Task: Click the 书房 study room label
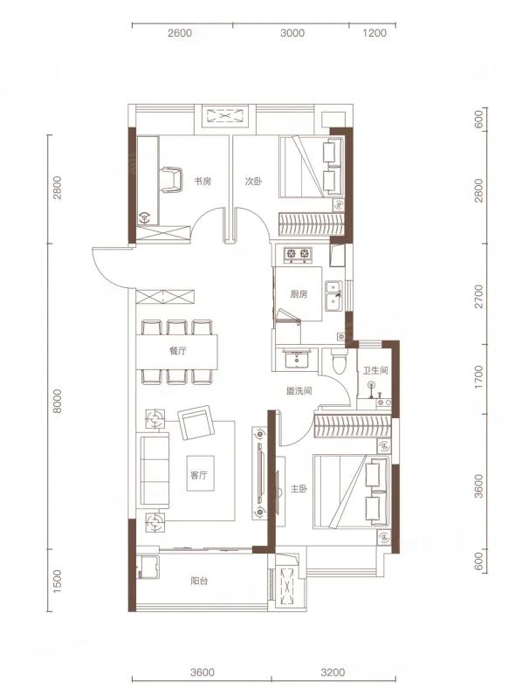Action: click(203, 181)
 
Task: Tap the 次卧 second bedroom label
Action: click(254, 182)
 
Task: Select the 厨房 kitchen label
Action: click(299, 294)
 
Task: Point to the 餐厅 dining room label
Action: click(177, 351)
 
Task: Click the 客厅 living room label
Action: click(199, 475)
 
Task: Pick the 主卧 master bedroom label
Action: click(299, 489)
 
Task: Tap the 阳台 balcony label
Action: click(199, 581)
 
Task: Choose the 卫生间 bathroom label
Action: click(375, 370)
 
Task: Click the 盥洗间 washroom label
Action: click(299, 390)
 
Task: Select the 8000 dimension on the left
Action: click(58, 401)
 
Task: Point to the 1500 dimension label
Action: click(58, 581)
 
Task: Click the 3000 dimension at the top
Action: click(292, 33)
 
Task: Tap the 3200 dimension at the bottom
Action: click(333, 672)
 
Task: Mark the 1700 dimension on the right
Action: click(478, 377)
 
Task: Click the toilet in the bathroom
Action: click(339, 361)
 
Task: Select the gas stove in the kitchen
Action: click(298, 253)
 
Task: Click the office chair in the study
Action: click(171, 180)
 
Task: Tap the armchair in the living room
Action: click(196, 423)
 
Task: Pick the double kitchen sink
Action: click(333, 296)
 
